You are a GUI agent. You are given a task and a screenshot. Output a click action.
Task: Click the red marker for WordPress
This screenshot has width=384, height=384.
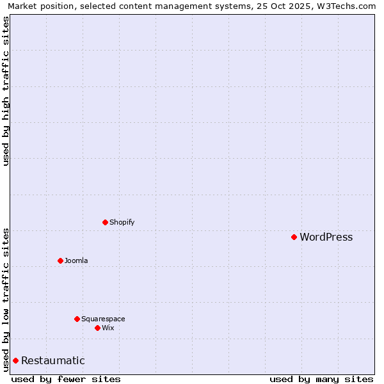pos(294,237)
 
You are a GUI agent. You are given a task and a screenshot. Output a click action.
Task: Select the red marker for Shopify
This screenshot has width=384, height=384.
pos(105,222)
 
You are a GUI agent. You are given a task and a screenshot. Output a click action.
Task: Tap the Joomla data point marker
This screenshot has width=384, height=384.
pos(60,260)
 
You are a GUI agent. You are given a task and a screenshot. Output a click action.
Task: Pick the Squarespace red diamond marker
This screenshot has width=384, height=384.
pos(77,319)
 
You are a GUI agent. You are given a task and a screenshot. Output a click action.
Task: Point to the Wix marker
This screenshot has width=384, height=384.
pos(97,328)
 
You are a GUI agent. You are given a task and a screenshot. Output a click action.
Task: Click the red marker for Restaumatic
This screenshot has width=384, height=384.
pos(15,360)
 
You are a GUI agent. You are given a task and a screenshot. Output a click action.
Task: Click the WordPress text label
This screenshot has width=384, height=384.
pos(326,237)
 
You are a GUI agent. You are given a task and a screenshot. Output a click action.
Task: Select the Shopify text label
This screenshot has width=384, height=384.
pos(122,223)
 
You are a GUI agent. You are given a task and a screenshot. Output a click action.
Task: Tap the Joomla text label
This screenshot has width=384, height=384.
pos(76,261)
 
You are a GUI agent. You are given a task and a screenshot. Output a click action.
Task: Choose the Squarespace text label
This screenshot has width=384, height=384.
pos(103,319)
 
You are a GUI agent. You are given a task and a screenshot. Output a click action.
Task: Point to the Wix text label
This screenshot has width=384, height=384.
pos(108,328)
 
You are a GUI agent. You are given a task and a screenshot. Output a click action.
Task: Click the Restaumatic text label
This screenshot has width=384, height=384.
pos(52,361)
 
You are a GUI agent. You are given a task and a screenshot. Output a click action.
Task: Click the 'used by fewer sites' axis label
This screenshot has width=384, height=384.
pos(66,379)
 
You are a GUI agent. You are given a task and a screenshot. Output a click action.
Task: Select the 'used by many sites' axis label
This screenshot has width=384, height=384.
pos(321,379)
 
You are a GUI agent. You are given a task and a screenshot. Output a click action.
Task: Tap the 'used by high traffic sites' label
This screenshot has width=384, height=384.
pos(6,91)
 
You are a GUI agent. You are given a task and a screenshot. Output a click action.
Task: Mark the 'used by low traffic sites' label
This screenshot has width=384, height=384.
pos(6,300)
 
